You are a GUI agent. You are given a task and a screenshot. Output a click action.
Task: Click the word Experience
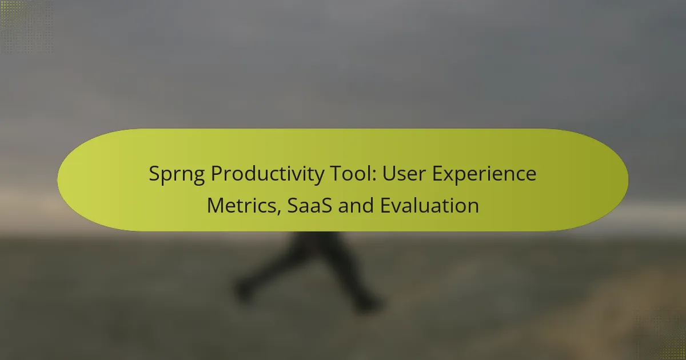tap(485, 174)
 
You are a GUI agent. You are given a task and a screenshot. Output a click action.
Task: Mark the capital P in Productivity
tap(216, 174)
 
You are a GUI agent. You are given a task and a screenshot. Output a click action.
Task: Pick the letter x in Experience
tap(454, 175)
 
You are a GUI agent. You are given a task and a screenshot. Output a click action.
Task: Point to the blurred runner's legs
tap(309, 269)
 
